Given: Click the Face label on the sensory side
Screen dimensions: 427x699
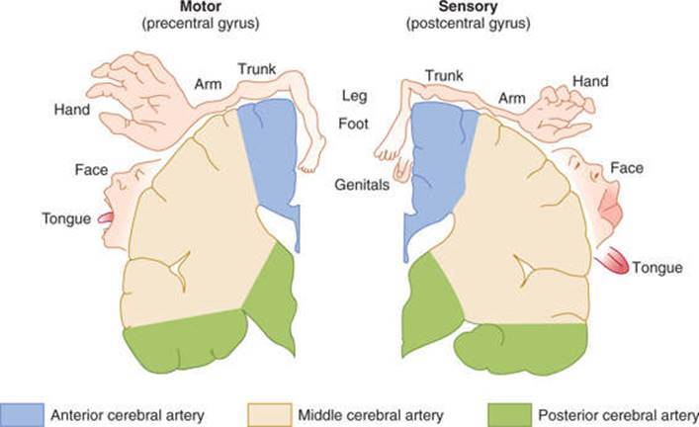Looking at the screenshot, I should click(626, 169).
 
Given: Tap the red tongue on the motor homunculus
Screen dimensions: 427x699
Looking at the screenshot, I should click(108, 217).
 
